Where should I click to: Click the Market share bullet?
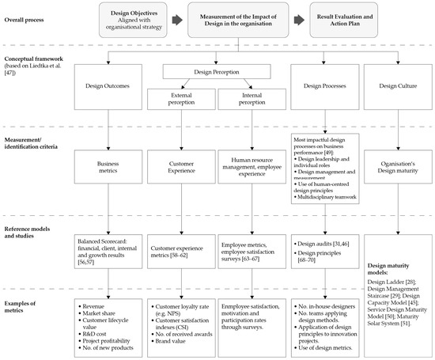[x=103, y=313]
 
